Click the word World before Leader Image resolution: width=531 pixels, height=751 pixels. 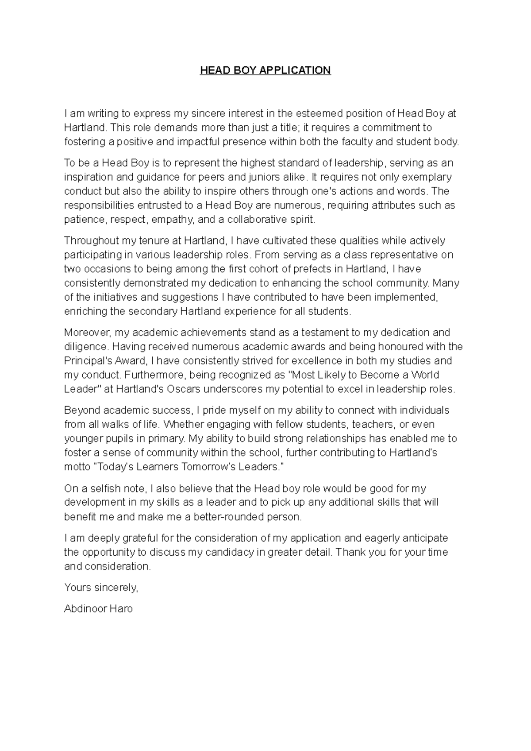425,375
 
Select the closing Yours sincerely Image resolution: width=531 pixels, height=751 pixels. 101,588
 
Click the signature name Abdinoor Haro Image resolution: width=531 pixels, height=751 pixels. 98,609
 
